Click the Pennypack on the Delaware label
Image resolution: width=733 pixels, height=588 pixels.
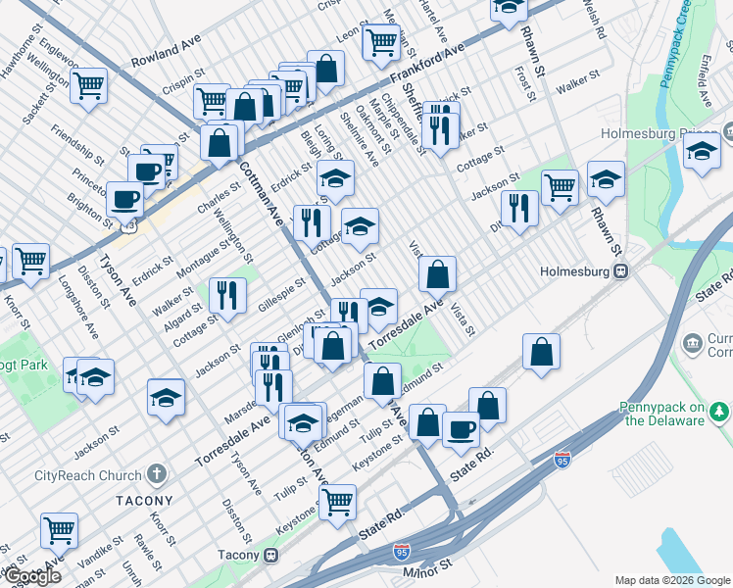point(662,414)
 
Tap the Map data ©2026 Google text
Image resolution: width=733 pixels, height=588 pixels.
point(672,580)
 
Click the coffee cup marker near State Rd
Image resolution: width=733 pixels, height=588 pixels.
point(461,428)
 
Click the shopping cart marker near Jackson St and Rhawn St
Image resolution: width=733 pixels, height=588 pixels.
point(560,185)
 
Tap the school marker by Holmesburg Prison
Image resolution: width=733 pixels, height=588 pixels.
point(702,151)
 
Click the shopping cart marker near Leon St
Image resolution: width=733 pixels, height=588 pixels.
point(380,41)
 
